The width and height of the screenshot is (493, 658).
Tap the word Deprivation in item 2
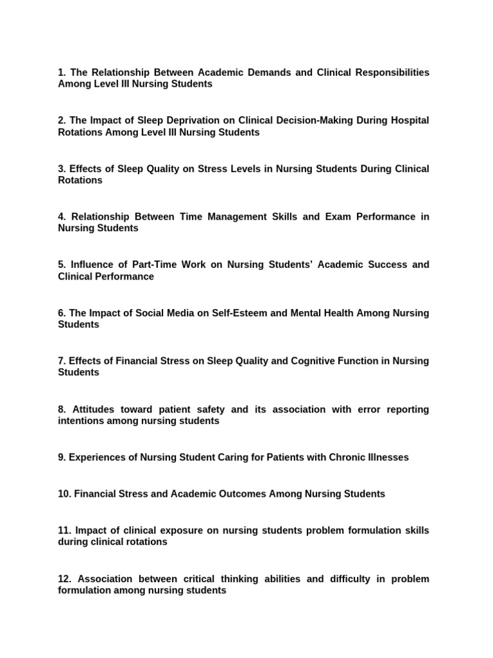click(x=184, y=121)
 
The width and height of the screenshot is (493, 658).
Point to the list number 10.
click(x=65, y=494)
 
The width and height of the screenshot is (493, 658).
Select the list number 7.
click(x=62, y=361)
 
